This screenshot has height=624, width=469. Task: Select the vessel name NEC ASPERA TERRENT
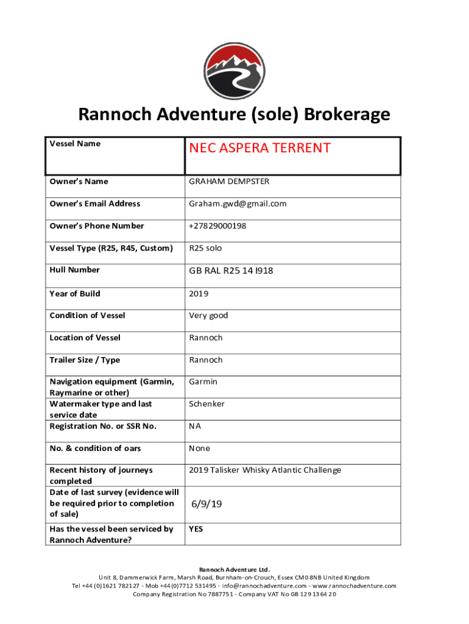[259, 148]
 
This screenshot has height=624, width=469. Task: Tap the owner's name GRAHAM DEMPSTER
[229, 182]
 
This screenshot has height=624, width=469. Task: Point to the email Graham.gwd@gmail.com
[238, 204]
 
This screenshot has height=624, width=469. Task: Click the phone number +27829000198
[217, 226]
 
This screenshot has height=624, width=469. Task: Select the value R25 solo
[205, 248]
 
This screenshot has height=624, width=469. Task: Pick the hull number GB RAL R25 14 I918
[231, 270]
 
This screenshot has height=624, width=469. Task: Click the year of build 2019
[199, 294]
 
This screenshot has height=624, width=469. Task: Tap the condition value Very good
[208, 316]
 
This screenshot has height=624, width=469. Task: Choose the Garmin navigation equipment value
[203, 382]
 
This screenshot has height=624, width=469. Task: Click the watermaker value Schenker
[206, 404]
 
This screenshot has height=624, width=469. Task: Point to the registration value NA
[195, 427]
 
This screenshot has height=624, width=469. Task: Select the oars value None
[199, 448]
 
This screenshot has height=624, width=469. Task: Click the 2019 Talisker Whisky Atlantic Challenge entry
[265, 470]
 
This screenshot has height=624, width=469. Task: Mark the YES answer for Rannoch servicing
[196, 529]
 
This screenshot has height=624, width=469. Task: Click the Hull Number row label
[74, 270]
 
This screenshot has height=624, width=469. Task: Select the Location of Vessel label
[85, 338]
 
